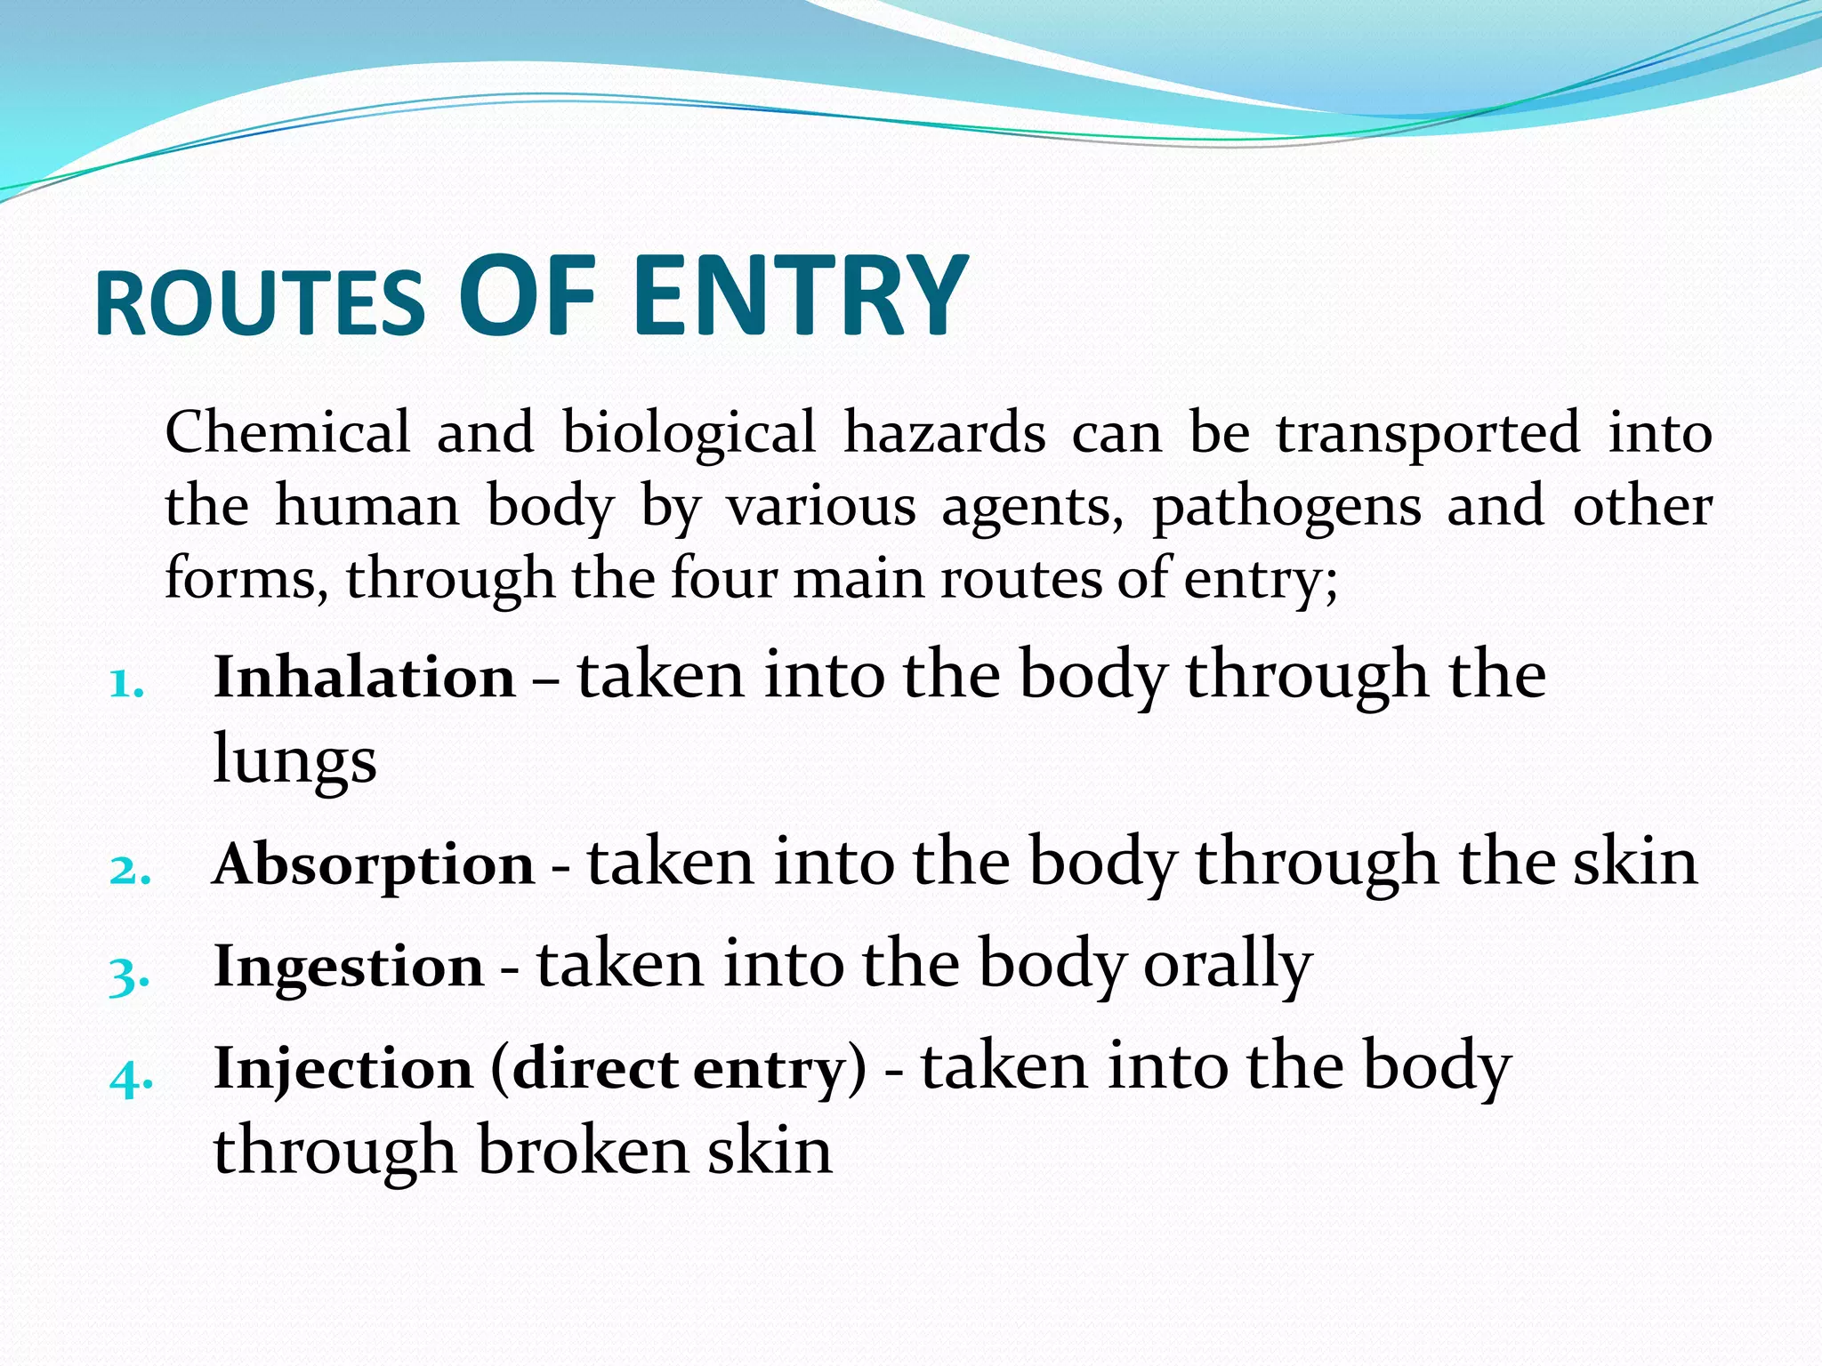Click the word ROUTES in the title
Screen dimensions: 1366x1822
tap(260, 304)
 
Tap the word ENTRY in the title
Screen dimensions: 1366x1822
tap(800, 295)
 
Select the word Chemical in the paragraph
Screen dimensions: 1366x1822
tap(287, 432)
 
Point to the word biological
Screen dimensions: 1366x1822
tap(689, 434)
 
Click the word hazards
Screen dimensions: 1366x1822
tap(945, 432)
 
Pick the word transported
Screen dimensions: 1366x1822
tap(1428, 434)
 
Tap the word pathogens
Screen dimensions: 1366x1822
tap(1286, 508)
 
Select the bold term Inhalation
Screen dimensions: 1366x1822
tap(365, 678)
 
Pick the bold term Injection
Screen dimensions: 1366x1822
tap(343, 1068)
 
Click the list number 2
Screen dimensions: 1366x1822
tap(130, 871)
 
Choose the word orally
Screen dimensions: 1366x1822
tap(1228, 966)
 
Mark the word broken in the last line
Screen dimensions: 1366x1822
tap(583, 1152)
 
